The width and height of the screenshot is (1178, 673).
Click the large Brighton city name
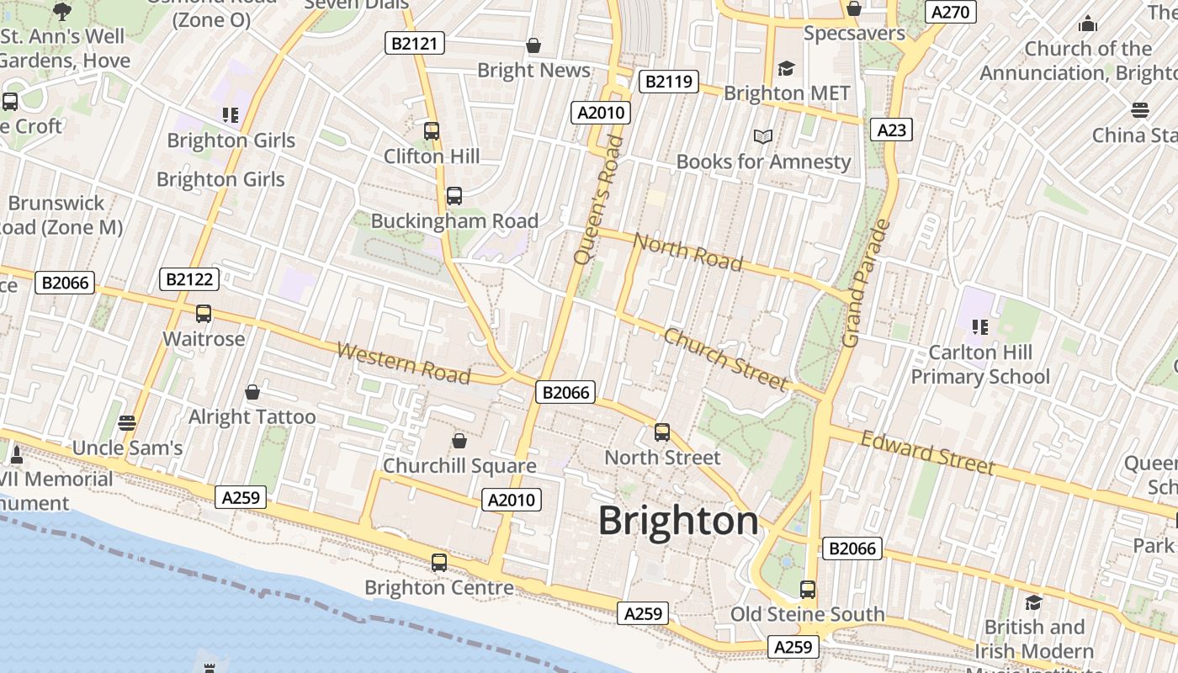678,521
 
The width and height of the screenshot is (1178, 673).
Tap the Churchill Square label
459,465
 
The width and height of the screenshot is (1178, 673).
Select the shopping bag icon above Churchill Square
459,440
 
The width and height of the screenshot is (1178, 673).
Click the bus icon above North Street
662,432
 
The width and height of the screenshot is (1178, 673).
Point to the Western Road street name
403,363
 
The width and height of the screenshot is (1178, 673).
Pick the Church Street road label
725,359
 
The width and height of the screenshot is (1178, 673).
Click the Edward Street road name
927,453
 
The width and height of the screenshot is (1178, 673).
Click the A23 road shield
892,130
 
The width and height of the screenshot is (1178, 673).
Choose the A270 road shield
951,12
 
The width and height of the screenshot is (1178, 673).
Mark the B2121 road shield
415,43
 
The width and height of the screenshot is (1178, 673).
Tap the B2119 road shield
669,82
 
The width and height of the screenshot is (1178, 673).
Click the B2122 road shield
189,279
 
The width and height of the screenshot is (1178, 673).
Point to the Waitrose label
204,339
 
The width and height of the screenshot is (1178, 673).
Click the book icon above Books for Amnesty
763,136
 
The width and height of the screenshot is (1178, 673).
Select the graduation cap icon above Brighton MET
786,68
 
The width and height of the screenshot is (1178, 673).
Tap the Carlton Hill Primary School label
980,364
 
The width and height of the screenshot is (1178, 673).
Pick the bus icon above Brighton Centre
439,563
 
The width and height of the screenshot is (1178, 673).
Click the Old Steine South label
807,614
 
